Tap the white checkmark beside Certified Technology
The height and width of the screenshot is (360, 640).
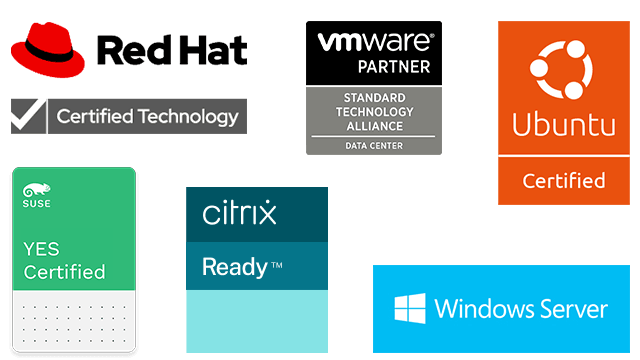point(27,116)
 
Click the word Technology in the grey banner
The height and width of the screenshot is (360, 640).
point(189,117)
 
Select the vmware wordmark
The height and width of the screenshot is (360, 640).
point(375,42)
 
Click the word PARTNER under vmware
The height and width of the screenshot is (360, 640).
point(394,67)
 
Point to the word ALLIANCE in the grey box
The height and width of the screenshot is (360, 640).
point(373,126)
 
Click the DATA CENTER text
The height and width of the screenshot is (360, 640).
point(373,146)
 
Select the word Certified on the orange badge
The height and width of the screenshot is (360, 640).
point(565,181)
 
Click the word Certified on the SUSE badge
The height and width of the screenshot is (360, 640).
point(64,272)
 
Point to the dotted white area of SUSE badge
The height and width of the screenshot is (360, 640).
point(72,320)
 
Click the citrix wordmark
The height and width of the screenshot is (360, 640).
point(239,213)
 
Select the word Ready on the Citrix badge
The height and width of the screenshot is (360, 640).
point(234,267)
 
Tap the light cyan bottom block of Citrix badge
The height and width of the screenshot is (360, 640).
point(256,320)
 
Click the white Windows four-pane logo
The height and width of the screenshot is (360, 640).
point(409,308)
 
